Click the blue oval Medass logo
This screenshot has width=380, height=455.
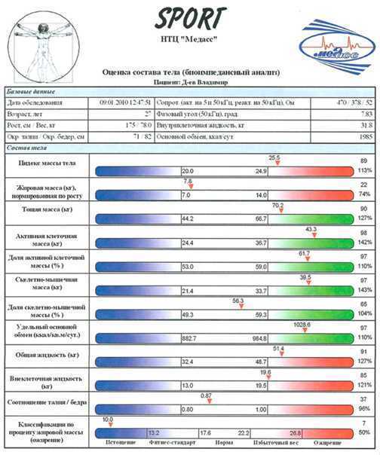[x=337, y=47]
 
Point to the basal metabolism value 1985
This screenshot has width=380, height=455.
[x=365, y=137]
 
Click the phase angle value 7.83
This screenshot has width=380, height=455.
[x=366, y=114]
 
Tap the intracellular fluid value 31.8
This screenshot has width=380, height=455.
[x=366, y=125]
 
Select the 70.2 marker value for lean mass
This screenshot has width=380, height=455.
[x=277, y=205]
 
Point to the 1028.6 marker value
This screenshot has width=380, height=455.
[x=302, y=323]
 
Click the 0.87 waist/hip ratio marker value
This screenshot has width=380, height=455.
[x=206, y=395]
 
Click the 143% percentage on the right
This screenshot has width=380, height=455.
[x=364, y=289]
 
